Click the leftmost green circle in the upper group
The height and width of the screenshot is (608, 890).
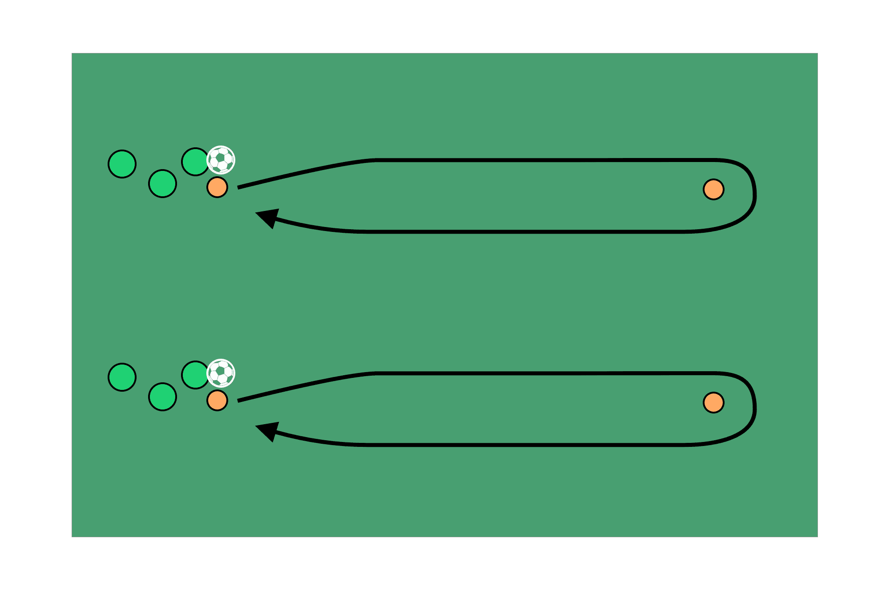pyautogui.click(x=122, y=164)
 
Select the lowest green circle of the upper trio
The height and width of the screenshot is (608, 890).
pyautogui.click(x=162, y=183)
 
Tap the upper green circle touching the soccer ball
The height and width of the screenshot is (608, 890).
pyautogui.click(x=195, y=162)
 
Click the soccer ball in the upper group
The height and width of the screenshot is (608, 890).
pyautogui.click(x=221, y=159)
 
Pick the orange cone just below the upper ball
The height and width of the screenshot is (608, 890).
pyautogui.click(x=217, y=187)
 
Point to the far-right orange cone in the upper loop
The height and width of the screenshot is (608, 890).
pyautogui.click(x=713, y=190)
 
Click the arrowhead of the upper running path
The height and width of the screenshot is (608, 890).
pyautogui.click(x=267, y=217)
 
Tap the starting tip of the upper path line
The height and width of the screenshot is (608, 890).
pyautogui.click(x=239, y=188)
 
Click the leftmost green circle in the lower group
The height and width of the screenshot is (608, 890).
pyautogui.click(x=122, y=377)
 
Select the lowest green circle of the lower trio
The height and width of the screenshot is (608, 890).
pyautogui.click(x=162, y=397)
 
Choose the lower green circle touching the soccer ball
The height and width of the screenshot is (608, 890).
pyautogui.click(x=195, y=375)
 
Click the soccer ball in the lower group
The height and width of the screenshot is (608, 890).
pyautogui.click(x=221, y=373)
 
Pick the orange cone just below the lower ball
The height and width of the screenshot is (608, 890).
pyautogui.click(x=217, y=400)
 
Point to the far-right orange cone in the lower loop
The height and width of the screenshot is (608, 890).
pyautogui.click(x=713, y=403)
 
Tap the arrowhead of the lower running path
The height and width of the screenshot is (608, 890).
pyautogui.click(x=267, y=430)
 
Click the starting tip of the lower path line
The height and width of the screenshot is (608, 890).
pyautogui.click(x=239, y=401)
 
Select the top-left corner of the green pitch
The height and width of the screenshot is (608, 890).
pyautogui.click(x=72, y=53)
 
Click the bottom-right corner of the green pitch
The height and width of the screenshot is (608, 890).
pyautogui.click(x=817, y=536)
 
